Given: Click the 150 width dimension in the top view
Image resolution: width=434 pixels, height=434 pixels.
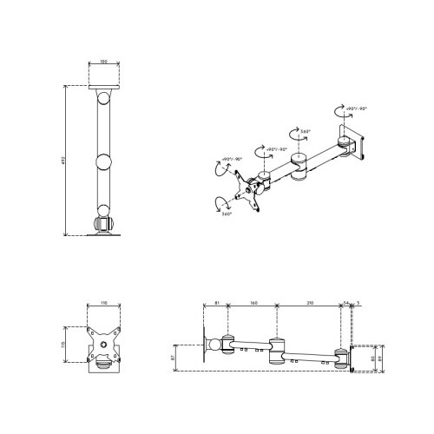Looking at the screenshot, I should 103,62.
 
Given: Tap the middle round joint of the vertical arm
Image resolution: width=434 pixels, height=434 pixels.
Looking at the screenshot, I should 103,161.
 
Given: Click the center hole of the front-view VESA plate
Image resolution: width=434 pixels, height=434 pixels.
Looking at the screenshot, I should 103,345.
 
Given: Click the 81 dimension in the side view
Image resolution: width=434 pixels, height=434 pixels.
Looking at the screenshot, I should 215,304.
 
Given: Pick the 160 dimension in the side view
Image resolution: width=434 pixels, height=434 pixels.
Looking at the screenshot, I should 252,304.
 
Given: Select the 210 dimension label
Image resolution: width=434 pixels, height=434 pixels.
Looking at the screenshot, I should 309,304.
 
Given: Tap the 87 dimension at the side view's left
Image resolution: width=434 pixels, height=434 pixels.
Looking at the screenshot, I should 174,357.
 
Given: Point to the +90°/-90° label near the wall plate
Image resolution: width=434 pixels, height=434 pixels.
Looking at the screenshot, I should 356,108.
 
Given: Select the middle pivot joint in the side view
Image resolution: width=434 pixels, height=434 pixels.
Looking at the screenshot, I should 279,352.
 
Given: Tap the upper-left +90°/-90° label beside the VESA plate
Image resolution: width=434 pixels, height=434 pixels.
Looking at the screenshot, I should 229,159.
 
